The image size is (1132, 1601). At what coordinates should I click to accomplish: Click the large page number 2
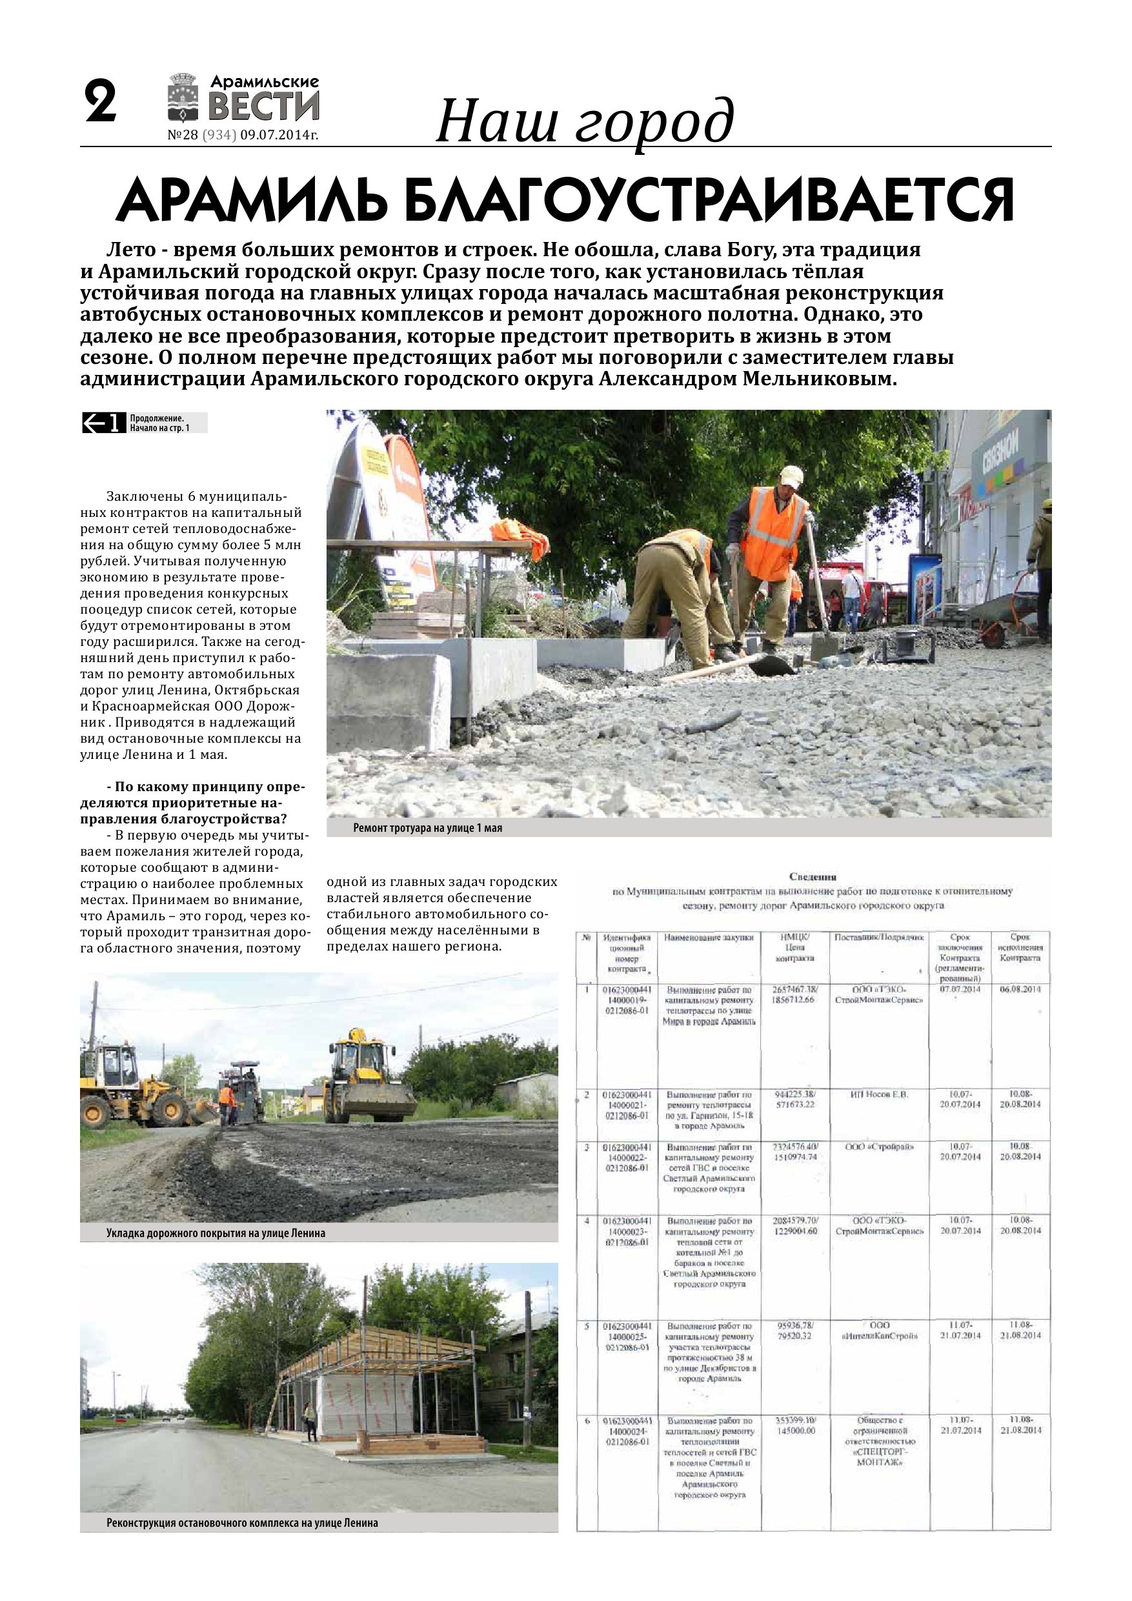tap(101, 103)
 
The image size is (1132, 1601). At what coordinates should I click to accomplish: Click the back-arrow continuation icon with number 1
tap(103, 423)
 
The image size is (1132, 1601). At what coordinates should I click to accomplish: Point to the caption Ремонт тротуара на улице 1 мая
tap(427, 829)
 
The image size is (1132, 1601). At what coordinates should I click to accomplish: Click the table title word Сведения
tap(813, 877)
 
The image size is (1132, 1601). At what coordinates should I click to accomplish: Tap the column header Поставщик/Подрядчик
tap(879, 938)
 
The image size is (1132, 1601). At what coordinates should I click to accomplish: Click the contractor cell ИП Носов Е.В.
tap(879, 1094)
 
